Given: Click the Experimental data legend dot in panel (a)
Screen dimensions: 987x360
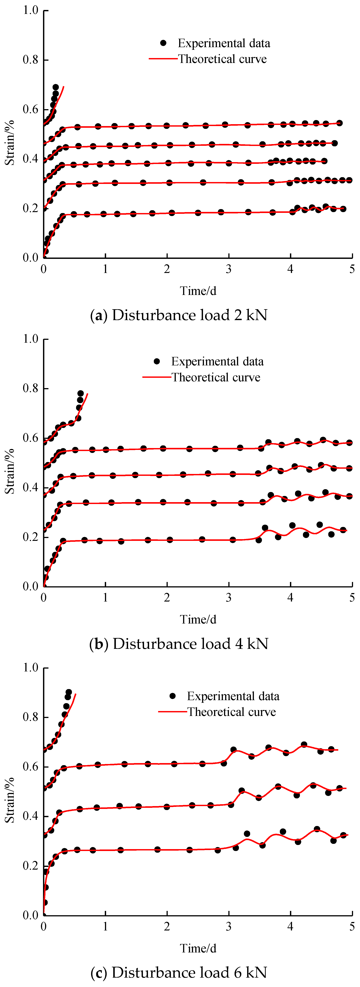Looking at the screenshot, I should (163, 43).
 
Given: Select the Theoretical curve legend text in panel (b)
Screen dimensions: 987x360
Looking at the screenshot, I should (216, 377).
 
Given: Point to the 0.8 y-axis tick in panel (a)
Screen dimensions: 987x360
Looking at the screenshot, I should (31, 60).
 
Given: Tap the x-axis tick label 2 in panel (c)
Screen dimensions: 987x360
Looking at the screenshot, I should (167, 927).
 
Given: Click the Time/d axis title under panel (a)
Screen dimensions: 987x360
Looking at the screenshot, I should (198, 291).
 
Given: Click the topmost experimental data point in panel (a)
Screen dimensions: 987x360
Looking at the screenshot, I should (56, 87).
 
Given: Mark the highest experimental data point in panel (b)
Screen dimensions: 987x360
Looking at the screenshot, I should (80, 394).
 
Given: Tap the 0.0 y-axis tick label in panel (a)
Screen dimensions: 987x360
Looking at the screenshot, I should (31, 258).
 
